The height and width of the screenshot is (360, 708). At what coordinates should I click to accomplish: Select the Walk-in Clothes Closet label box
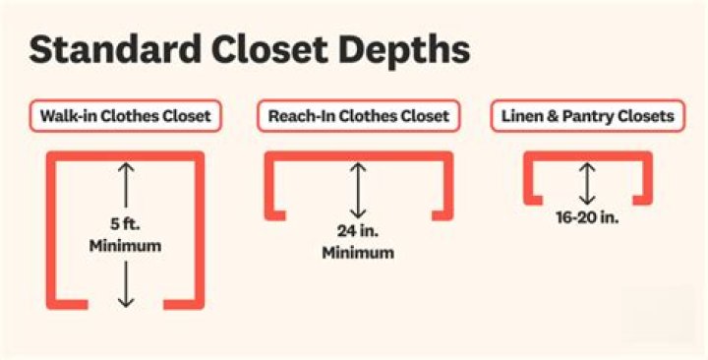125,116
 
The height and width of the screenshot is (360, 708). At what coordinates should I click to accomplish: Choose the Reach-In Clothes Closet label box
358,116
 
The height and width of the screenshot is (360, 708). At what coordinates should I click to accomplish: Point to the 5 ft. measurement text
125,223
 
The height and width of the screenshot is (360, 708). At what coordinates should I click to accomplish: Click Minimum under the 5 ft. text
125,245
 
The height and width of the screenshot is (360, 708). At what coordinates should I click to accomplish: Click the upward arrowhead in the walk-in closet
125,168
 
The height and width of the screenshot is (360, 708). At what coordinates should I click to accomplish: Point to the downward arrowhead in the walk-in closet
125,301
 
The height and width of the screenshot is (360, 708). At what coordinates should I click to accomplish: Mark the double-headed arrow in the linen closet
587,183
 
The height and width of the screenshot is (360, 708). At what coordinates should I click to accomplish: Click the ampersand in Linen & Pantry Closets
553,116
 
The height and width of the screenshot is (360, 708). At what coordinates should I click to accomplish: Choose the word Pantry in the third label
586,116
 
